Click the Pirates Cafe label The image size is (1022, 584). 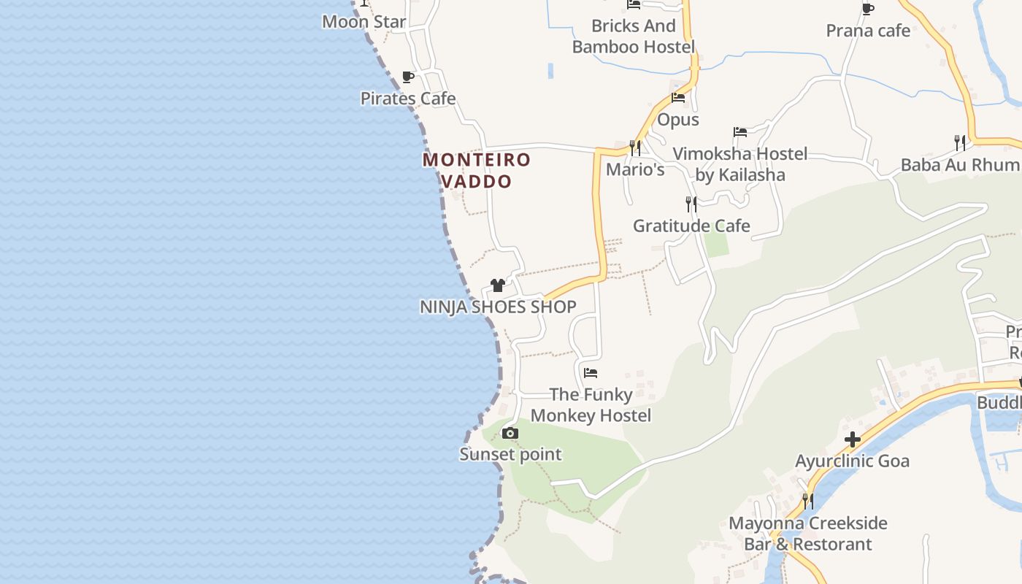408,99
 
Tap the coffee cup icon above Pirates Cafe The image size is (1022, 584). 408,77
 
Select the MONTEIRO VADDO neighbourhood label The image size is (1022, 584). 477,170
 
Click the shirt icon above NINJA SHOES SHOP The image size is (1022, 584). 498,285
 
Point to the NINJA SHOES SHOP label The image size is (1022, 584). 498,307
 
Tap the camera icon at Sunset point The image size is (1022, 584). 510,434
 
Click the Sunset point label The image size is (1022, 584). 510,455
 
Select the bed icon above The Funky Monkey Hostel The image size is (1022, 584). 591,373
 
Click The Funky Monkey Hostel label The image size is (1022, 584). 591,405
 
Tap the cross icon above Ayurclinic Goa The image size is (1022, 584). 852,439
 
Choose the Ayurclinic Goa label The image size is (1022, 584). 852,461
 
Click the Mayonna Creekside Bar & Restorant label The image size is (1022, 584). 808,534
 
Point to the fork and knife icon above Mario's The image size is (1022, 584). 635,148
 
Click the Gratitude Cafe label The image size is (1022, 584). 691,226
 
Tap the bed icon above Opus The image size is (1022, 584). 678,98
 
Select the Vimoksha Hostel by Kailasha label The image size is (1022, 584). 740,164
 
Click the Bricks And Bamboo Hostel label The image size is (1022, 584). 634,36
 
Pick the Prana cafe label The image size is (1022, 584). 868,31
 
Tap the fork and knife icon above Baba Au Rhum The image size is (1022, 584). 960,142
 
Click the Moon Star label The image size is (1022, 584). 364,22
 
